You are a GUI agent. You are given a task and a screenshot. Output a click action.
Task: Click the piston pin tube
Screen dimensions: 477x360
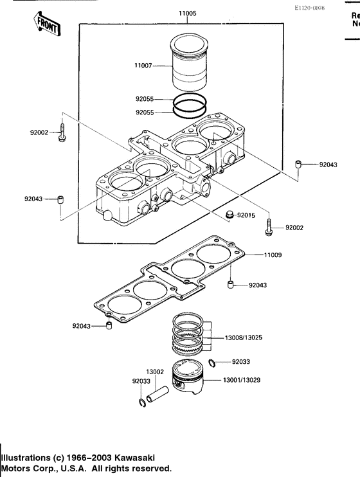(158, 393)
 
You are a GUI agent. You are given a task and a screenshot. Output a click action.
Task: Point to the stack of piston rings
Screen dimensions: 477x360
(189, 335)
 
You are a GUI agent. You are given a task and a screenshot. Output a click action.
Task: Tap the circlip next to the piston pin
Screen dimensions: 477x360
(141, 403)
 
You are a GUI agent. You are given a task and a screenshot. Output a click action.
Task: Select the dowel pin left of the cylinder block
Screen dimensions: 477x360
(59, 199)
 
